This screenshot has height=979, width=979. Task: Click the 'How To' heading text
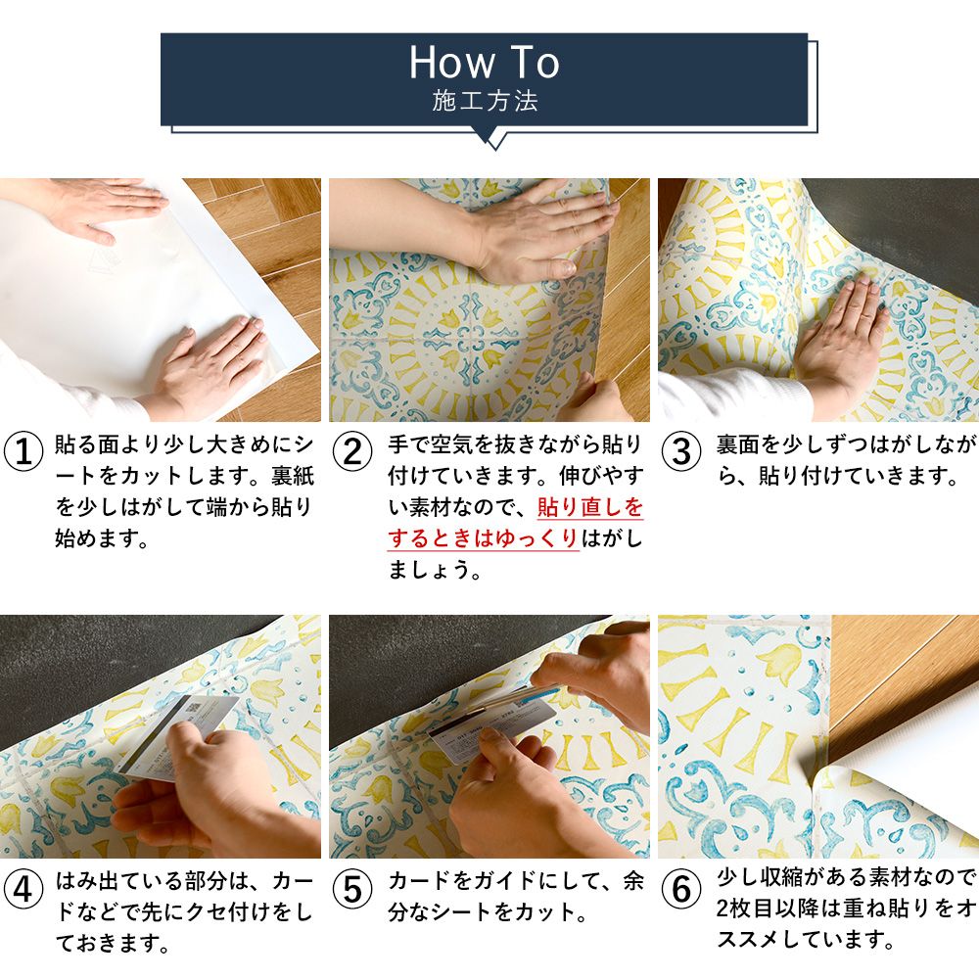485,63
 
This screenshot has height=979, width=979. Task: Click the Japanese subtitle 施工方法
485,102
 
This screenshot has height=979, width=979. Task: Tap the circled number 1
24,452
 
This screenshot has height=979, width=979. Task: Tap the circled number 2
353,452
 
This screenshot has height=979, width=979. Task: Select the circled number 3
682,452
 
